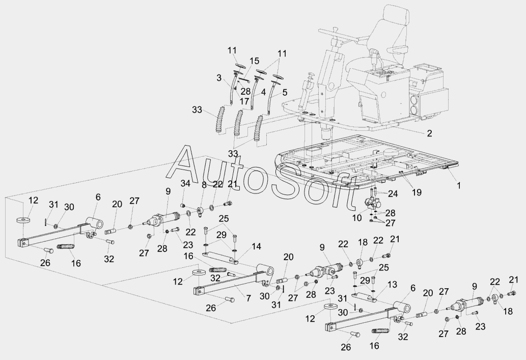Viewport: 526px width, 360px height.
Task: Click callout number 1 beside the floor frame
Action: click(x=459, y=185)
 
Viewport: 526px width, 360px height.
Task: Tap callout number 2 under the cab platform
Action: click(x=429, y=133)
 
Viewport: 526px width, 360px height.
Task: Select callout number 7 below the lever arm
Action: click(x=248, y=297)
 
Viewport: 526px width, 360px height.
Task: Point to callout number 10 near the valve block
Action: click(x=357, y=218)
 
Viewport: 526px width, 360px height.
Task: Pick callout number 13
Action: click(x=392, y=285)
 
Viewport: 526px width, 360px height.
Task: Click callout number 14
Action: click(x=256, y=246)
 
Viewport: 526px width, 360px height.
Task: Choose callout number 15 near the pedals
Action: click(x=254, y=61)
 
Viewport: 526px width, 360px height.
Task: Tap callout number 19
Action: click(x=417, y=192)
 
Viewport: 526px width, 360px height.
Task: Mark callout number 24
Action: click(x=393, y=193)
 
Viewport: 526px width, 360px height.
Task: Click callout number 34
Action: click(x=185, y=183)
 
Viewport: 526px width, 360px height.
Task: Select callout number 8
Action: click(x=204, y=184)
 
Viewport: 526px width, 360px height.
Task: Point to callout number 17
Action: click(x=244, y=100)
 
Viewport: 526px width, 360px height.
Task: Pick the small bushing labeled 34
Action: click(x=183, y=205)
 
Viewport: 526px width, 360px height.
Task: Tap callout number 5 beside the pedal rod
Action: click(x=285, y=92)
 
